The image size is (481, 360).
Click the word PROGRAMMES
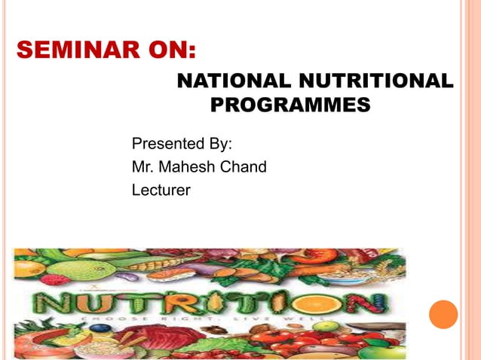coord(290,105)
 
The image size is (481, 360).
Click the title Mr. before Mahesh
coord(142,166)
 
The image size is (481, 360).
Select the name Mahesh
coord(185,166)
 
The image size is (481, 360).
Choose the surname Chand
coord(243,166)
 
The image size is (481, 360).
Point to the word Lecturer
coord(161,190)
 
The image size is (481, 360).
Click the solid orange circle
coord(443,314)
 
